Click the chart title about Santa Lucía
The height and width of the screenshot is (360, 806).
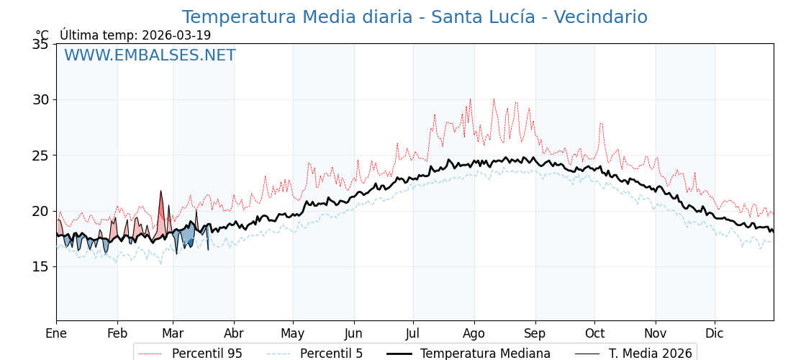coord(415,17)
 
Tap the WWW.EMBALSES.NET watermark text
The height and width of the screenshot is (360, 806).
coord(150,55)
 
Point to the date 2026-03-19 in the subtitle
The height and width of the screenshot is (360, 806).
coord(176,35)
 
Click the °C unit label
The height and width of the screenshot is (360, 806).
coord(42,35)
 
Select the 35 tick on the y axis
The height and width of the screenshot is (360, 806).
coord(40,44)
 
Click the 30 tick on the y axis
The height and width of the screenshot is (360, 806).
coord(40,99)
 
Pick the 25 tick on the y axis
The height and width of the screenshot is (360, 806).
coord(40,155)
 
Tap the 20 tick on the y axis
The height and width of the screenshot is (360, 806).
coord(40,211)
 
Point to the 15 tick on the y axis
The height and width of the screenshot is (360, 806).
coord(40,266)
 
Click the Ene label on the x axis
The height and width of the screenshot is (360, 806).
coord(56,333)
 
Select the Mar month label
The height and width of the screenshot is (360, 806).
coord(173,333)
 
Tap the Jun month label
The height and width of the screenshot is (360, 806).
coord(353,333)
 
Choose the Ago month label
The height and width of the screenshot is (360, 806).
coord(474,333)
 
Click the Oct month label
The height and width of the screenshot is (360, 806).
coord(594,333)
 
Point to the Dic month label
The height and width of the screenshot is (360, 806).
coord(715,333)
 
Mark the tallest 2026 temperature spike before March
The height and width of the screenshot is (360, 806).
coord(160,192)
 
